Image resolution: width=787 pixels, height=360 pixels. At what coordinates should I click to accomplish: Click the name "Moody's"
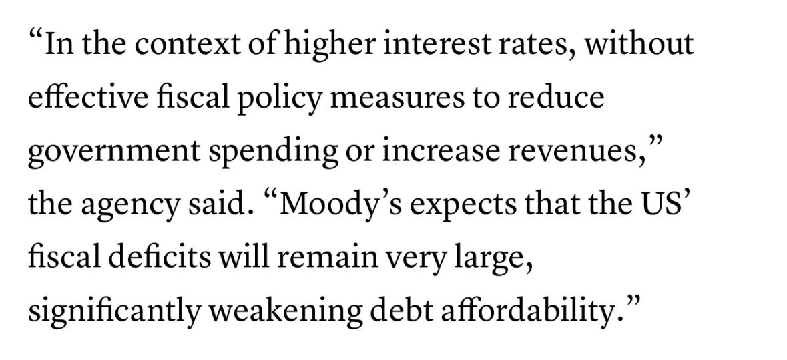[x=324, y=204]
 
